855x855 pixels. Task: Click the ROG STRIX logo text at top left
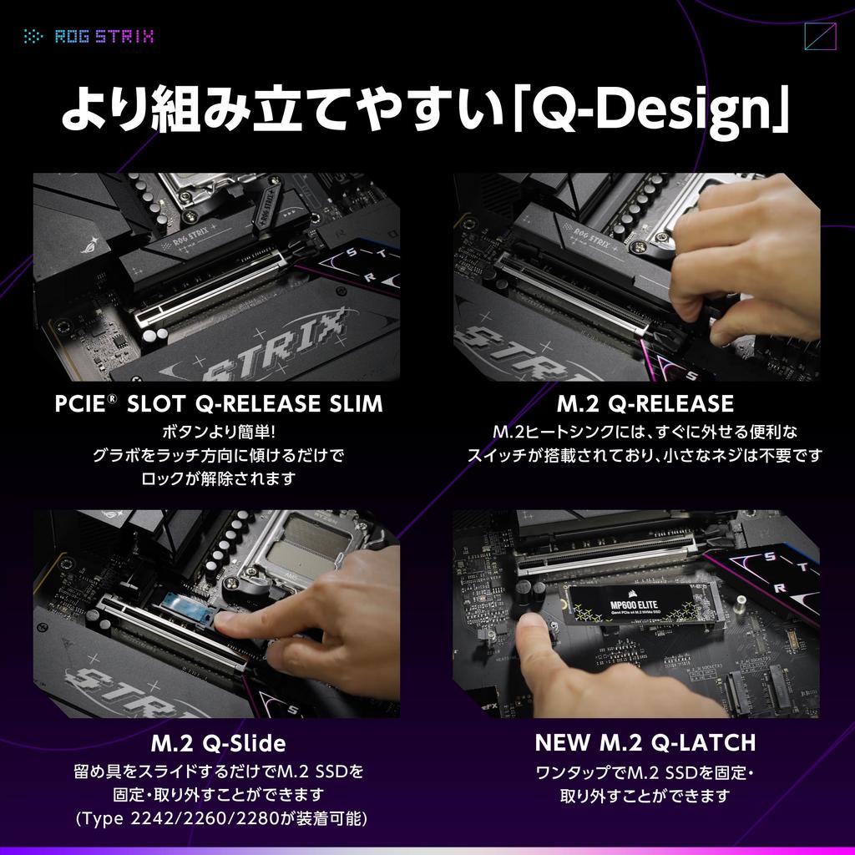click(104, 37)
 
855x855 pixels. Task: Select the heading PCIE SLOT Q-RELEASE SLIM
click(218, 404)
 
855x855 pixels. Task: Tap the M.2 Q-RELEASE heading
click(645, 404)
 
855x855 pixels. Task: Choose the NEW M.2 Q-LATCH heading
click(645, 741)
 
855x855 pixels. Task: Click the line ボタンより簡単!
click(218, 433)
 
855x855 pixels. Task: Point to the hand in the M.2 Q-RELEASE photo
click(743, 267)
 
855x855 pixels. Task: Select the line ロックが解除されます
click(218, 478)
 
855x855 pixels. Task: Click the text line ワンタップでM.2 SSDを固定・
click(645, 772)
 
